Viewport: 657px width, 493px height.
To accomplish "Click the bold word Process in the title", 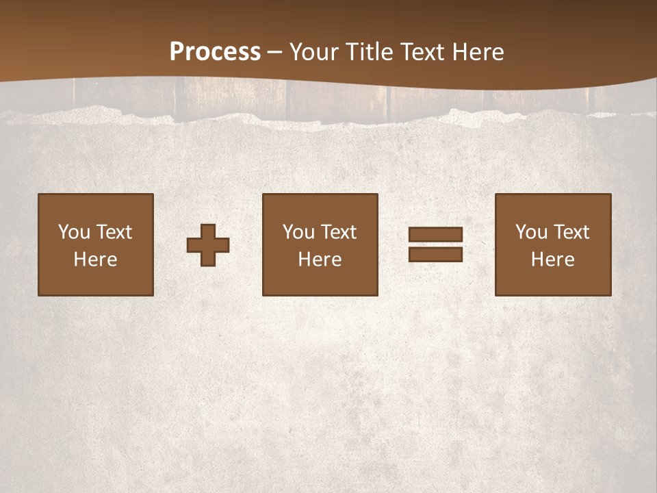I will pyautogui.click(x=215, y=52).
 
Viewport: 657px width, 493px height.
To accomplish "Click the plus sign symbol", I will pyautogui.click(x=208, y=245).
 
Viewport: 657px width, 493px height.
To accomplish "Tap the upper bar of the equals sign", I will pyautogui.click(x=435, y=234).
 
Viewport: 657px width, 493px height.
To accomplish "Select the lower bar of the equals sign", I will pyautogui.click(x=435, y=254).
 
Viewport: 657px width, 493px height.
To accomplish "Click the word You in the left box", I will pyautogui.click(x=74, y=232).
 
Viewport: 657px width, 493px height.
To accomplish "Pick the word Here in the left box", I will pyautogui.click(x=96, y=260).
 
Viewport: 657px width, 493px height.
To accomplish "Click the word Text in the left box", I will pyautogui.click(x=114, y=232).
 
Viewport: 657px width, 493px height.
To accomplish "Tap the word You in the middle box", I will pyautogui.click(x=298, y=232).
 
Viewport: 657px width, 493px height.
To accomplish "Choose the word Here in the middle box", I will pyautogui.click(x=320, y=260).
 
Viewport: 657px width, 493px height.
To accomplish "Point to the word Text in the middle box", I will pyautogui.click(x=338, y=232).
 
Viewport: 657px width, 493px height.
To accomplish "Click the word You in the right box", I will pyautogui.click(x=531, y=232).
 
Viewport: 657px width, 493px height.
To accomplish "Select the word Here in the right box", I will pyautogui.click(x=553, y=260).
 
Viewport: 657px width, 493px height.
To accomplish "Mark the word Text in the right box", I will pyautogui.click(x=571, y=232).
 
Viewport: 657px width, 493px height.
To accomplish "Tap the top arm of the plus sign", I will pyautogui.click(x=208, y=230).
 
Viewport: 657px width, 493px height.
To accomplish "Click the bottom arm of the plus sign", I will pyautogui.click(x=208, y=260).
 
